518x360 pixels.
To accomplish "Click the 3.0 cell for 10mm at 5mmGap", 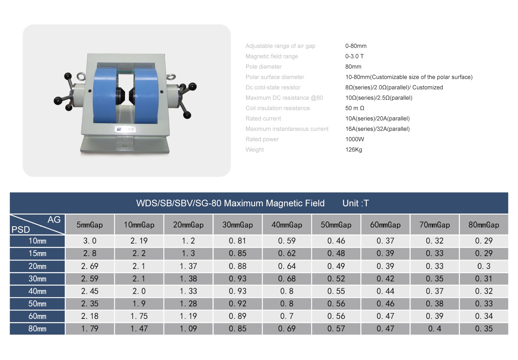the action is pyautogui.click(x=90, y=241).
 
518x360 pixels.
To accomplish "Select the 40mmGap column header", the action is pyautogui.click(x=287, y=225).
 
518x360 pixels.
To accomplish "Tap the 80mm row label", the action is pyautogui.click(x=37, y=329).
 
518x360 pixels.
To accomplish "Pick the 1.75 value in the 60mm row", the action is pyautogui.click(x=139, y=316).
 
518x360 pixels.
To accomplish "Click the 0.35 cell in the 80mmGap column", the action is pyautogui.click(x=484, y=329).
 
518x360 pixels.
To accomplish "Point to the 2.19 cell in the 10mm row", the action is pyautogui.click(x=139, y=241).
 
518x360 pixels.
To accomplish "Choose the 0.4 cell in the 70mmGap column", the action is pyautogui.click(x=434, y=329).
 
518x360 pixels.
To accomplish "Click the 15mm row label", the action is pyautogui.click(x=37, y=253).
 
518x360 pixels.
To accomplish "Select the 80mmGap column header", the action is pyautogui.click(x=484, y=225).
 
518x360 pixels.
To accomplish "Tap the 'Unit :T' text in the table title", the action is pyautogui.click(x=355, y=203).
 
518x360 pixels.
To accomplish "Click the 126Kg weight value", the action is pyautogui.click(x=354, y=150).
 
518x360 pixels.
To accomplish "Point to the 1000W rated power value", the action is pyautogui.click(x=355, y=139).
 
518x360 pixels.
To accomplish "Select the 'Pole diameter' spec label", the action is pyautogui.click(x=264, y=67).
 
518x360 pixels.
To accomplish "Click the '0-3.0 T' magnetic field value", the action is pyautogui.click(x=354, y=56).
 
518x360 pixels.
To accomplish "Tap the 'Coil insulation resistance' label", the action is pyautogui.click(x=277, y=108).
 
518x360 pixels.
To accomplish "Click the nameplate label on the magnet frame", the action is pyautogui.click(x=125, y=129).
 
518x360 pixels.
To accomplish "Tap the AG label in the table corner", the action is pyautogui.click(x=54, y=219).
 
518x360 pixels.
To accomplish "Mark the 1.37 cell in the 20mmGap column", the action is pyautogui.click(x=188, y=266).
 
